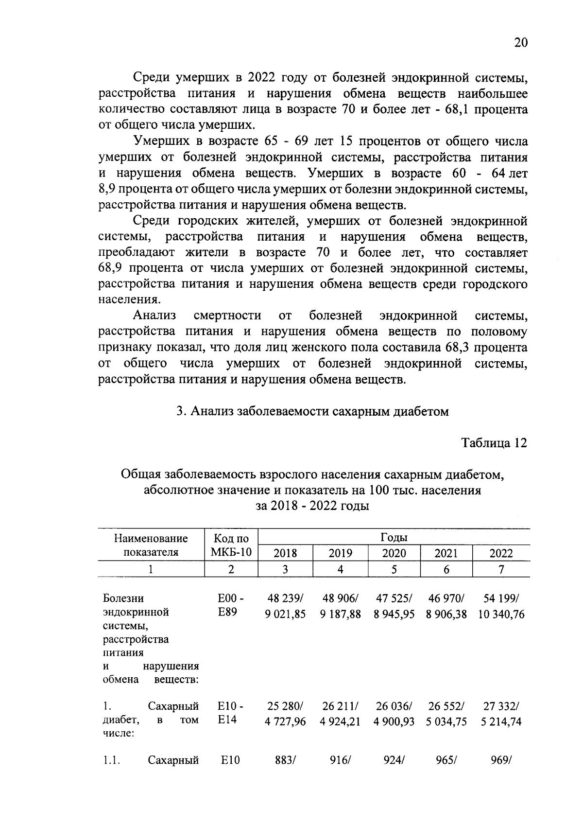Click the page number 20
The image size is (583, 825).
(520, 43)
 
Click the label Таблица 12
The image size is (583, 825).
(494, 443)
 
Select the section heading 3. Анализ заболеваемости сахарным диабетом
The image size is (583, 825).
(312, 411)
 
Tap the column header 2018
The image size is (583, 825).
(285, 553)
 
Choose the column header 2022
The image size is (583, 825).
(500, 553)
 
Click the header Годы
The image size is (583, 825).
(394, 537)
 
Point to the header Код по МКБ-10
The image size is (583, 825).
(231, 545)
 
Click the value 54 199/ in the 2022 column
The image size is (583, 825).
(501, 598)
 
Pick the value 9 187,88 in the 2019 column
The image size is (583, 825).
(340, 614)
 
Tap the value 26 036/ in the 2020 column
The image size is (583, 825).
(394, 706)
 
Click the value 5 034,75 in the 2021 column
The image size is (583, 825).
(446, 721)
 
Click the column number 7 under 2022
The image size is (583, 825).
(501, 569)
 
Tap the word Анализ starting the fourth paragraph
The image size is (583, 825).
(154, 316)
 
